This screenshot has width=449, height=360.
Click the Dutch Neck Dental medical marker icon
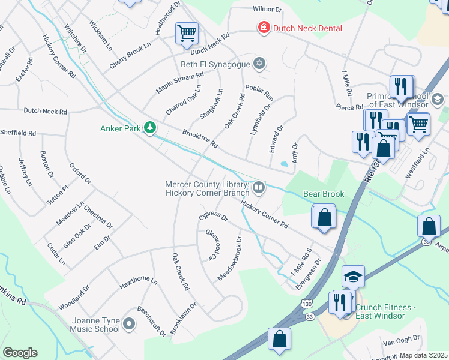point(263,28)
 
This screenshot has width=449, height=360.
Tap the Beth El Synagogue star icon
point(259,63)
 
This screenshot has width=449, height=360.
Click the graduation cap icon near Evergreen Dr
point(354,276)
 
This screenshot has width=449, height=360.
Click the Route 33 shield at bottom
point(309,316)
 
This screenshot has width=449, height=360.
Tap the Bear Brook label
point(324,194)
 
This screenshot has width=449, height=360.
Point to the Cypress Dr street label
point(213,215)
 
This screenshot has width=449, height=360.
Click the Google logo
point(20,352)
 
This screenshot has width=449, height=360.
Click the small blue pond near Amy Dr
point(283,163)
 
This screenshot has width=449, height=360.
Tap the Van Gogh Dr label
point(404,339)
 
